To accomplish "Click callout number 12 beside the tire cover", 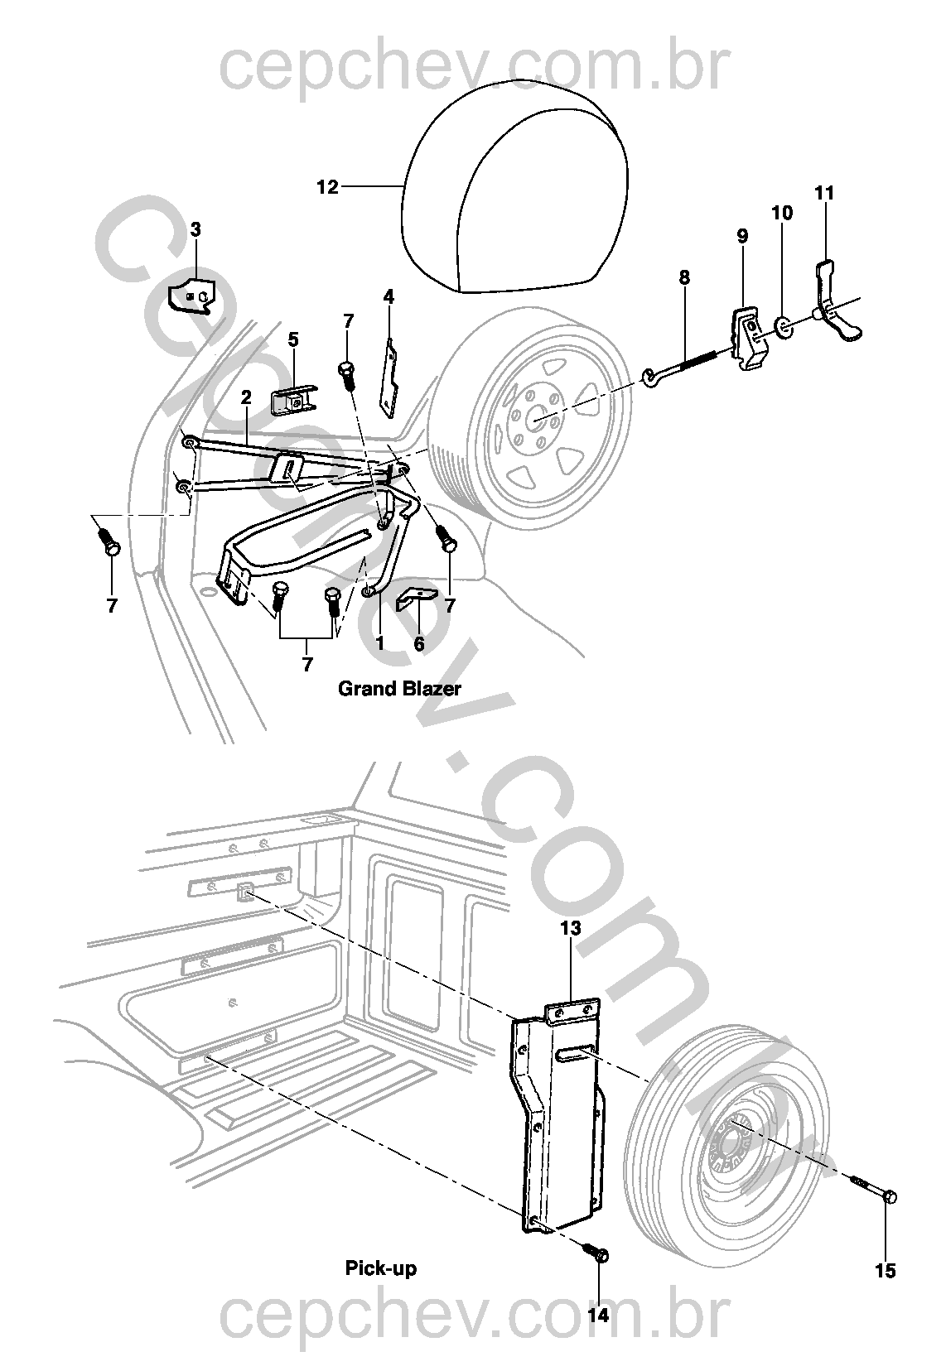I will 328,187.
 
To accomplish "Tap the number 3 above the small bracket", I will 195,229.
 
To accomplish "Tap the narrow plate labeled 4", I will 389,377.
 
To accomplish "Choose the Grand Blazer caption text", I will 399,688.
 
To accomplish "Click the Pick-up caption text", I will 380,1268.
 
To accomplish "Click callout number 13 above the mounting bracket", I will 572,928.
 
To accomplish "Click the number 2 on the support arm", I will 246,397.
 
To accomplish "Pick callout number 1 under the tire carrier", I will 380,642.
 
